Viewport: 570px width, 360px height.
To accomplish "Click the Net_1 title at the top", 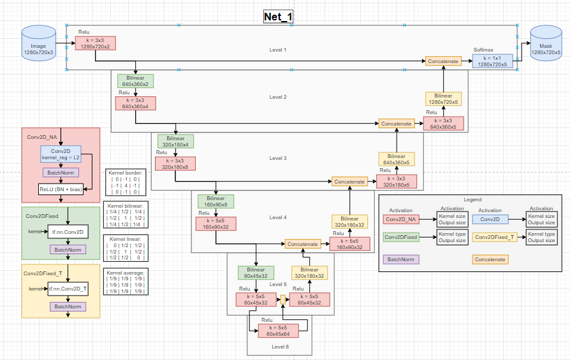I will point(279,17).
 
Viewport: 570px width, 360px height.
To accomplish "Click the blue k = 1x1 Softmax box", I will point(492,61).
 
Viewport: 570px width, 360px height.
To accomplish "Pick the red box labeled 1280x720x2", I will point(96,43).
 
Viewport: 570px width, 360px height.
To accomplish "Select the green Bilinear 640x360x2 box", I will point(135,81).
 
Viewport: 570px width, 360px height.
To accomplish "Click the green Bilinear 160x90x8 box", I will point(216,201).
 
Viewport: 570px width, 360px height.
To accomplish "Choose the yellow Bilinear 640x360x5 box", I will point(396,159).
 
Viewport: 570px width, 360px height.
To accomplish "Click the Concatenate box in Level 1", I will point(443,61).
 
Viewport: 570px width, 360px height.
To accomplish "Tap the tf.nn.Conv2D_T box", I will point(68,289).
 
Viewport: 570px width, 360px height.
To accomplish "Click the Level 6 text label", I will point(281,347).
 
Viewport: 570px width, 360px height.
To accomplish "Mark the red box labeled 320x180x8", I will point(175,163).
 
